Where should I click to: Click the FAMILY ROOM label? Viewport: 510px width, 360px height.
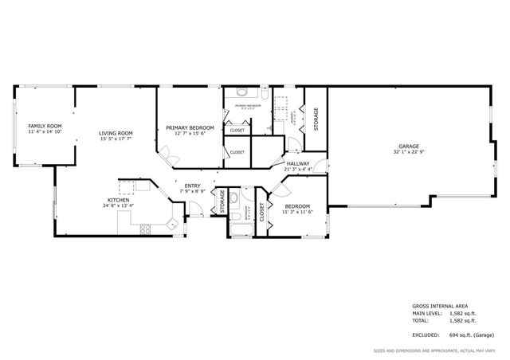tap(45, 126)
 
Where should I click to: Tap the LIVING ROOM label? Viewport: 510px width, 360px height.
tap(116, 133)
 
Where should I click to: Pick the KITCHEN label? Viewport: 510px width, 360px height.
tap(118, 199)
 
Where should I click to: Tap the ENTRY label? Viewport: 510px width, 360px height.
tap(192, 186)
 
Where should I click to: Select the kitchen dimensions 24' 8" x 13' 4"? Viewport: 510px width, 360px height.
tap(118, 205)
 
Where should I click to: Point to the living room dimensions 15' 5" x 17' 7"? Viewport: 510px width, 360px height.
tap(116, 139)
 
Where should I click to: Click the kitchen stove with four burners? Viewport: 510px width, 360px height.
tap(146, 230)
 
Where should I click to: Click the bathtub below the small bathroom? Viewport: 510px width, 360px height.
tap(241, 232)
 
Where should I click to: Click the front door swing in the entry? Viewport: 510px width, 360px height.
tap(191, 209)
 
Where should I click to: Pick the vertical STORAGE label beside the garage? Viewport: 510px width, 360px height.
tap(316, 119)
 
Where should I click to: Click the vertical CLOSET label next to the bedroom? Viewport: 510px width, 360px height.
tap(261, 211)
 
